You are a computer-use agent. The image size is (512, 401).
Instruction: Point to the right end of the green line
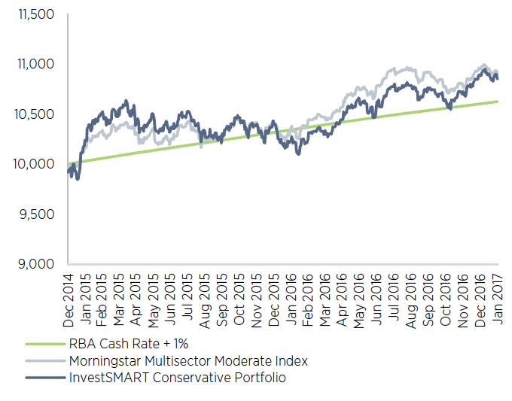click(x=497, y=102)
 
